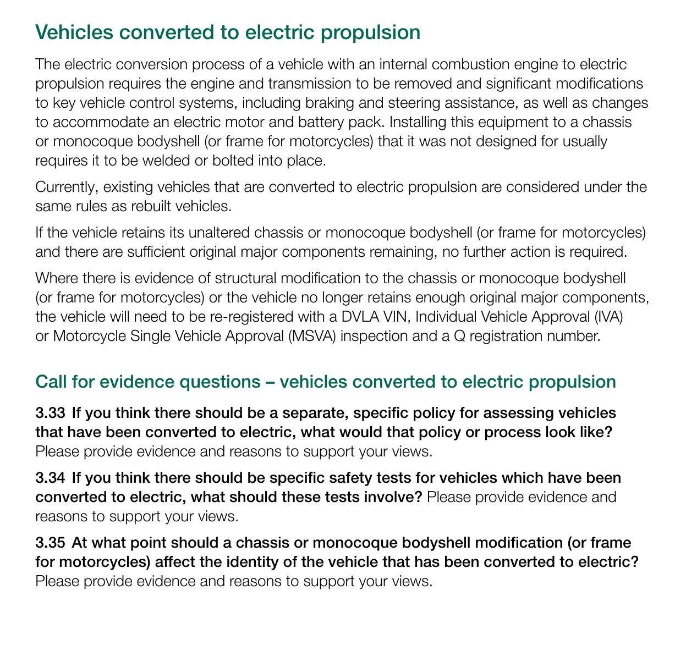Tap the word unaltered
coord(207,232)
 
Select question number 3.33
coord(50,412)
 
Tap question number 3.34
coord(50,477)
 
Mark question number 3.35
coord(50,542)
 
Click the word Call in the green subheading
coord(51,382)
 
